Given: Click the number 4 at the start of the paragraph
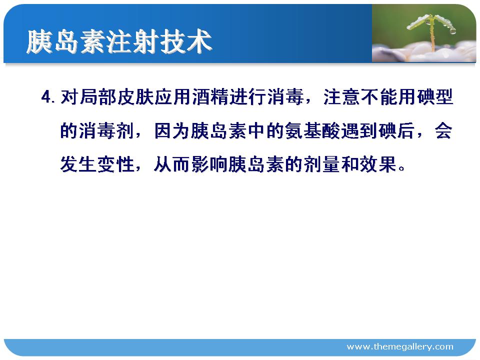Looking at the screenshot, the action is tap(46, 97).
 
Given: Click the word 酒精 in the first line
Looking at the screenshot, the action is tap(210, 97).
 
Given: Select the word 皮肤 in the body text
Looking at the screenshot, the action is tap(135, 97).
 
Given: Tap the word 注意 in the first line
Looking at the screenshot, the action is tap(342, 97).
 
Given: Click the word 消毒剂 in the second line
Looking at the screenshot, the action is tap(97, 130).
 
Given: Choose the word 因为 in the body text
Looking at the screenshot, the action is tap(172, 130).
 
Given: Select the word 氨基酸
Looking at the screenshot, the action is tap(313, 130).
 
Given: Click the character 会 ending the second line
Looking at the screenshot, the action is tap(444, 130).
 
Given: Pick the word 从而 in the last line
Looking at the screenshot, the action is tap(172, 164).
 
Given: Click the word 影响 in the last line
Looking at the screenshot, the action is tap(210, 164).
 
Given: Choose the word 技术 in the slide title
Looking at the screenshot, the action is tap(186, 42).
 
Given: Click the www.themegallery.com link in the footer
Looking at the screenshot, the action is tap(400, 346).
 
